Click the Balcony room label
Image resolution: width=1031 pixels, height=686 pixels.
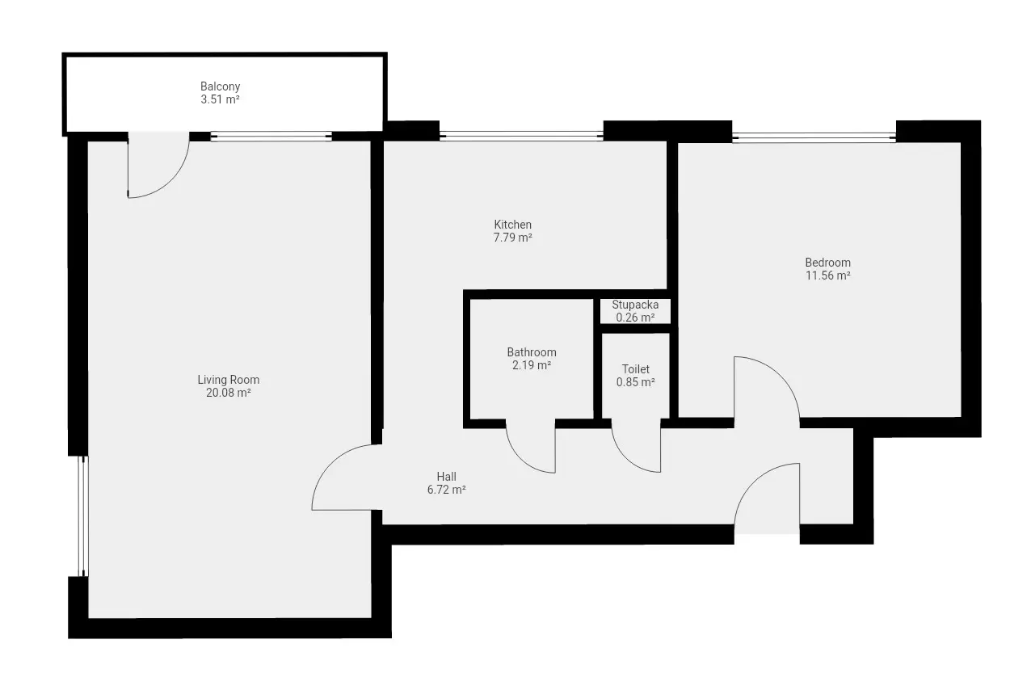220,86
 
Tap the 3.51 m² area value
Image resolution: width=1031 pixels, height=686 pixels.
220,99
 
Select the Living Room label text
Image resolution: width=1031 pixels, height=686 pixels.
229,380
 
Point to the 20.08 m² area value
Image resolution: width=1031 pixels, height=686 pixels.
229,393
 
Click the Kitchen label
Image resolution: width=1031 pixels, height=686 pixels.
513,225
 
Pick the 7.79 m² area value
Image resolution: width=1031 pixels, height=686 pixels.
513,238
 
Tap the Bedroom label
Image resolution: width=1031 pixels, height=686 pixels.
827,263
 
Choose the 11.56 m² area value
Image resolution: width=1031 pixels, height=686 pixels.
827,276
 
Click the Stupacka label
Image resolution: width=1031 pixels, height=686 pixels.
635,305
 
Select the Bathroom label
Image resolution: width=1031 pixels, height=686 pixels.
532,352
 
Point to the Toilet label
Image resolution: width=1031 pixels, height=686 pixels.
636,369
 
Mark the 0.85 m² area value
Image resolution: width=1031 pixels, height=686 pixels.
636,382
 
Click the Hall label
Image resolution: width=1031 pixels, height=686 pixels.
447,477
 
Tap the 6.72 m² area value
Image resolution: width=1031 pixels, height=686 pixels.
447,490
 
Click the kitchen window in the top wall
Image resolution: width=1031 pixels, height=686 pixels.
521,136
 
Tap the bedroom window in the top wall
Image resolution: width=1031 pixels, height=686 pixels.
814,137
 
